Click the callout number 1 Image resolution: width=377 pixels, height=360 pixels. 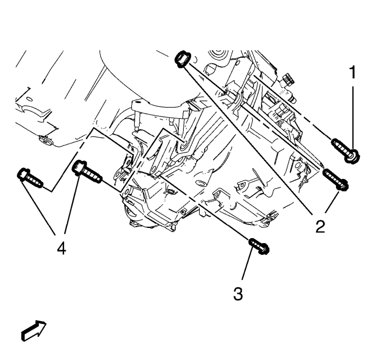click(353, 72)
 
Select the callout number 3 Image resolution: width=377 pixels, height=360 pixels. click(238, 294)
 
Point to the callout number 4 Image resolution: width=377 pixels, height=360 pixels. click(61, 248)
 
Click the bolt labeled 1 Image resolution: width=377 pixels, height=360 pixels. click(344, 149)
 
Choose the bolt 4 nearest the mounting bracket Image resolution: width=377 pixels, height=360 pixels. click(87, 171)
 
